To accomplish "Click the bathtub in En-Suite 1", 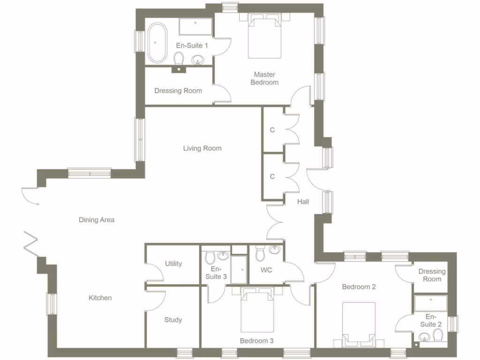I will click(157, 43).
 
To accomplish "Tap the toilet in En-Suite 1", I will click(179, 59).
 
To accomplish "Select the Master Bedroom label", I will click(264, 78).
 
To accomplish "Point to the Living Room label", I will click(202, 149).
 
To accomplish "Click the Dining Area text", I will click(97, 220).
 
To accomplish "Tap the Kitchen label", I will click(100, 298).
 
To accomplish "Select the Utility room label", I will click(173, 264).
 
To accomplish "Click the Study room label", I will click(173, 320).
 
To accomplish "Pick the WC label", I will click(267, 270).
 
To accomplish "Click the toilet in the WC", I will click(260, 254).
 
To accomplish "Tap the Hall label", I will click(303, 202).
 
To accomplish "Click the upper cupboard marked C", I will click(272, 130).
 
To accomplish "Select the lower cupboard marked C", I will click(272, 177).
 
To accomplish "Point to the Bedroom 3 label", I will click(256, 341).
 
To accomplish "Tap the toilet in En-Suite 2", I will click(438, 335).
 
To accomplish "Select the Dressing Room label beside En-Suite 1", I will click(178, 90).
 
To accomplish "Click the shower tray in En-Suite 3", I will click(240, 270).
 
